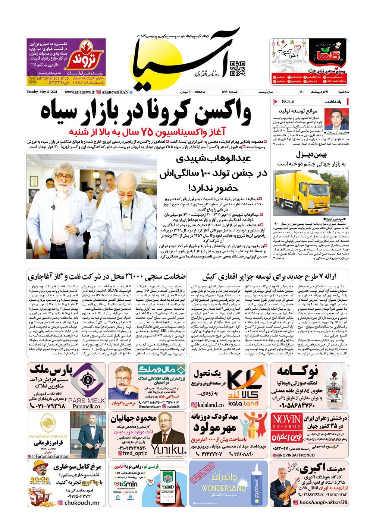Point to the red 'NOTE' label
point(288,101)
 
